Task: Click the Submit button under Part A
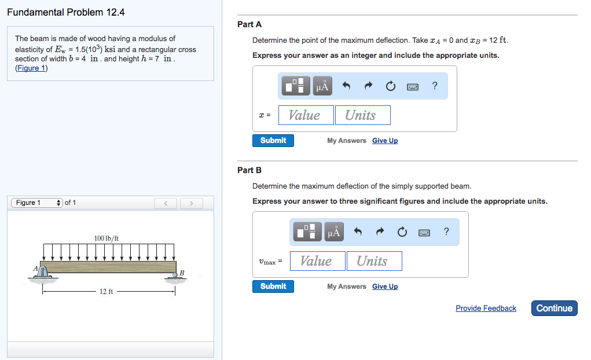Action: point(273,141)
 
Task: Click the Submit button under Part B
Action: point(273,286)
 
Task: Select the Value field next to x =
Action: point(306,115)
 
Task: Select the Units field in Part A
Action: point(362,115)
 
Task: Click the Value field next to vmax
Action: point(318,261)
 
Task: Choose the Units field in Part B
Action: point(374,261)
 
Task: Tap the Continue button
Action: point(554,308)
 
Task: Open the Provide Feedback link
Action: point(486,308)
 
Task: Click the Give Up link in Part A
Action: point(385,141)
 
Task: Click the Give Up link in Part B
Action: point(385,286)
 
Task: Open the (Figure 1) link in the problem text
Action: point(31,68)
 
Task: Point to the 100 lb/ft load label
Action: point(107,238)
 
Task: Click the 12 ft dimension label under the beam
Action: point(106,292)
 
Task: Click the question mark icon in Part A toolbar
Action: point(435,86)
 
